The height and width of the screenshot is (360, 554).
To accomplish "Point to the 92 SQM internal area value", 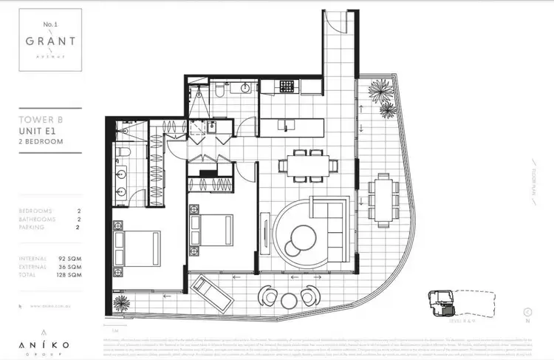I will [x=69, y=257].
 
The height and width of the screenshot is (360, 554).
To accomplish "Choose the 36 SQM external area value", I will [x=69, y=265].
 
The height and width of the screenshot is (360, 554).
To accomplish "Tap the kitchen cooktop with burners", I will [x=287, y=87].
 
